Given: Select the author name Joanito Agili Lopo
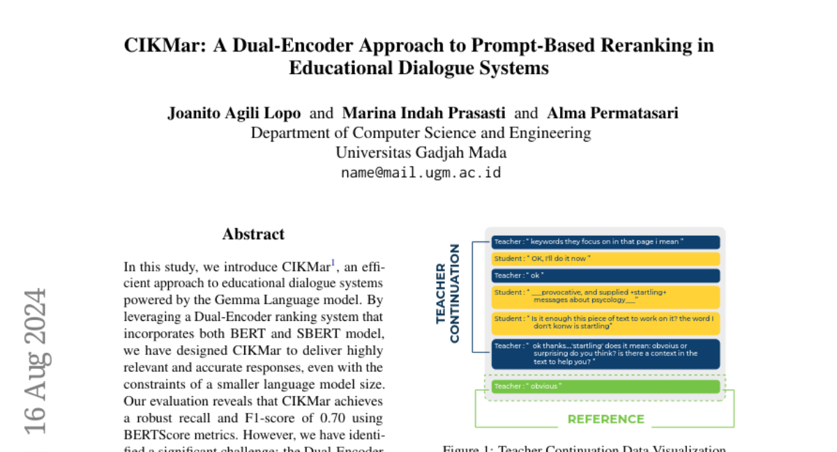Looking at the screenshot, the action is click(234, 113).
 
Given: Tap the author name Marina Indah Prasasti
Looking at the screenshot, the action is click(424, 113).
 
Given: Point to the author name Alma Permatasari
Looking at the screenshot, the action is click(612, 113).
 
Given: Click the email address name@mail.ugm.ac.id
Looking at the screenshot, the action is click(421, 172).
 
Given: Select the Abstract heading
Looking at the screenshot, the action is click(253, 234).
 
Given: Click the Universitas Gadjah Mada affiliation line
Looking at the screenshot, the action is click(421, 152).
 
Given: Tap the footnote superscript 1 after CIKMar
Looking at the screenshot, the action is click(333, 262).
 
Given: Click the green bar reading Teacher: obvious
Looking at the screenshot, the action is click(605, 386).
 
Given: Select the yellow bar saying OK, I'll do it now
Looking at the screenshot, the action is click(605, 259).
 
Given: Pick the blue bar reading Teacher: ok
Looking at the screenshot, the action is click(605, 276).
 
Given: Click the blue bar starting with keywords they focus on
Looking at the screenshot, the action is click(605, 242).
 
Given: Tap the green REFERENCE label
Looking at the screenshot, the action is click(605, 419).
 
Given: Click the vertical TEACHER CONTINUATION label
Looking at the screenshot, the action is click(448, 294).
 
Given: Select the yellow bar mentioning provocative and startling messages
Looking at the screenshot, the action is click(605, 297).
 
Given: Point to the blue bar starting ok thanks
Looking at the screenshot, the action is click(605, 354).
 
